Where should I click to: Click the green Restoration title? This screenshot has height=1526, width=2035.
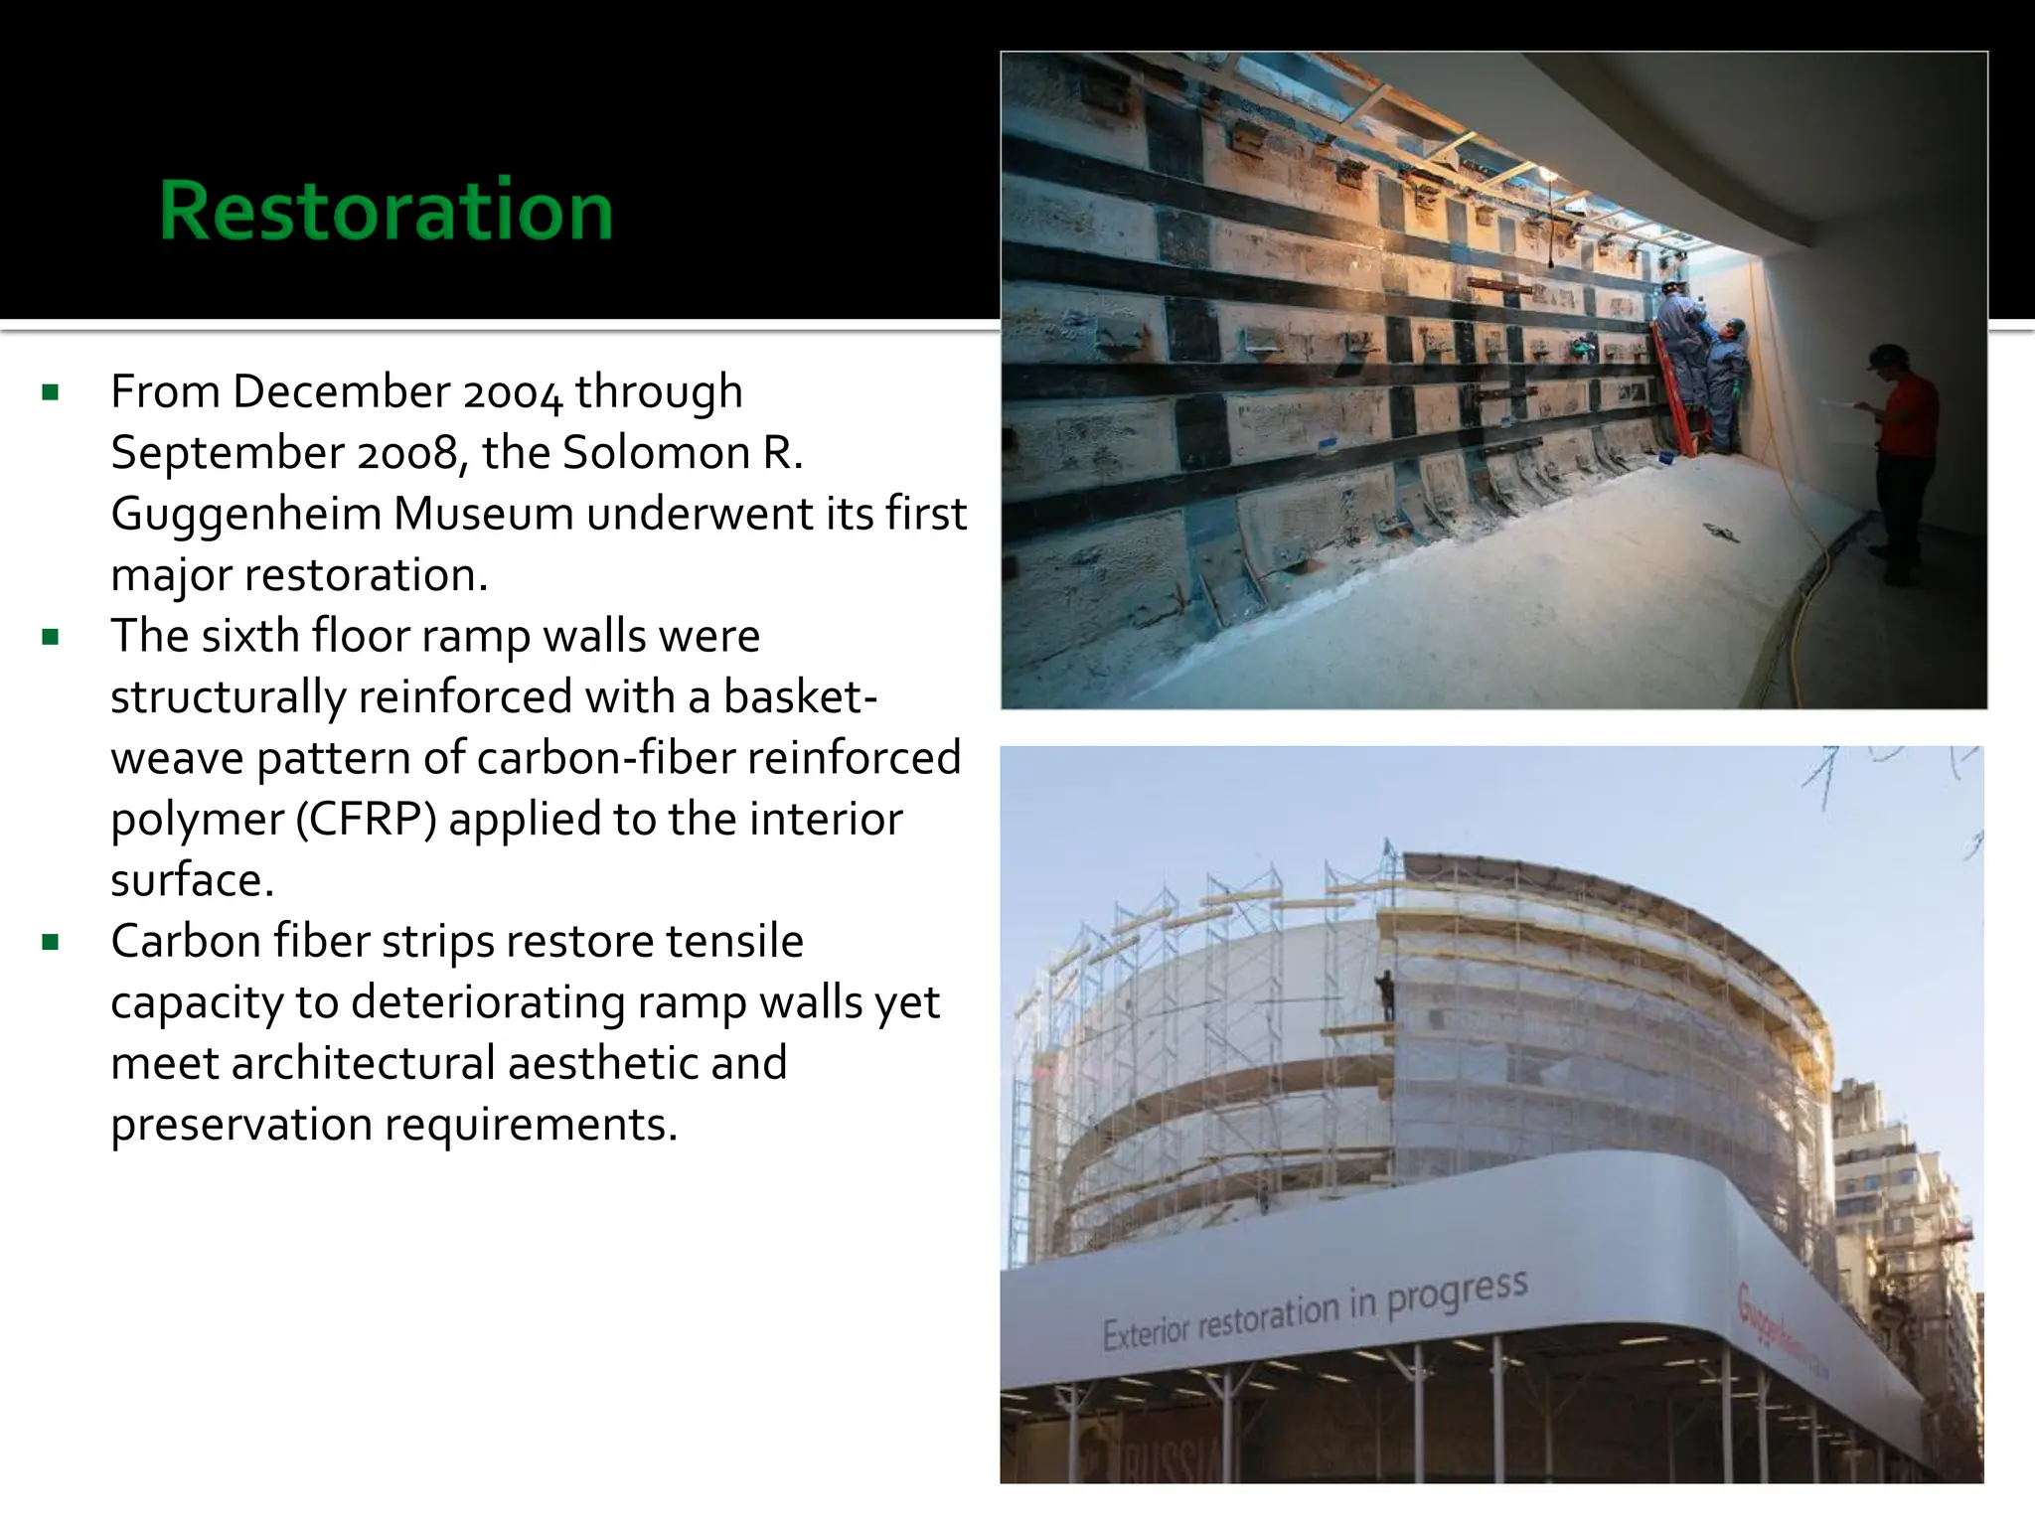[386, 211]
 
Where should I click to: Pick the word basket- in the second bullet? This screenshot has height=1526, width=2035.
[800, 697]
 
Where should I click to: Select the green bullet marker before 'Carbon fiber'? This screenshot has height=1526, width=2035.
[51, 942]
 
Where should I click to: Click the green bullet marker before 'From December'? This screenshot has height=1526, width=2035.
[51, 392]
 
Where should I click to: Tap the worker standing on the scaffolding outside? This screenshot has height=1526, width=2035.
[1385, 994]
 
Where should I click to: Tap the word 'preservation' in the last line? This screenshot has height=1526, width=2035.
[241, 1126]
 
